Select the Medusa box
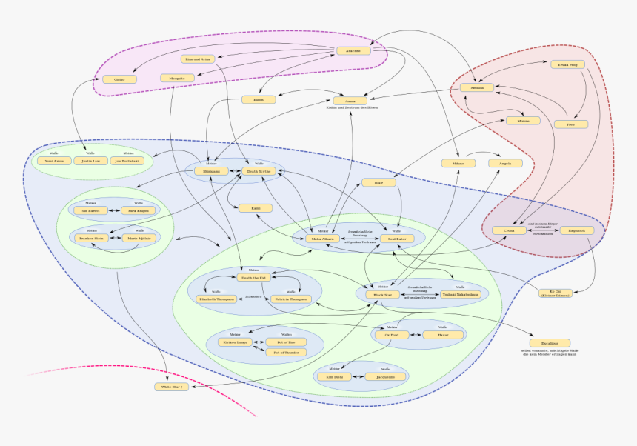pyautogui.click(x=476, y=87)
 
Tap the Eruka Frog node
pyautogui.click(x=567, y=64)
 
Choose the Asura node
pyautogui.click(x=350, y=100)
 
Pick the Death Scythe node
pyautogui.click(x=259, y=171)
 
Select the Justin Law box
pyautogui.click(x=90, y=160)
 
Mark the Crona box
pyautogui.click(x=509, y=230)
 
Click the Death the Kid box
pyautogui.click(x=253, y=278)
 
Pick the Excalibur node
pyautogui.click(x=549, y=343)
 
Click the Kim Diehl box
pyautogui.click(x=335, y=376)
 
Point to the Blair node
pyautogui.click(x=378, y=182)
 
